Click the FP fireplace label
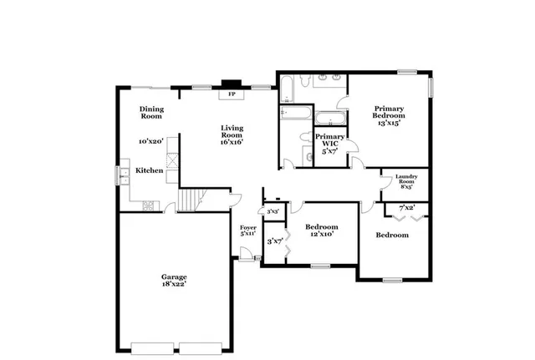click(232, 94)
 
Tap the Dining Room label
click(151, 112)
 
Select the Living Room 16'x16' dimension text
click(232, 143)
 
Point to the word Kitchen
click(150, 170)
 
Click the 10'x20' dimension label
click(150, 141)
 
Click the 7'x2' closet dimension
click(407, 206)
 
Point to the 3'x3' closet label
click(273, 212)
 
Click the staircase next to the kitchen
click(192, 200)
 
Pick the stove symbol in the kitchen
click(148, 205)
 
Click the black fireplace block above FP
click(229, 84)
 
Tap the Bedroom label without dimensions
click(392, 236)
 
